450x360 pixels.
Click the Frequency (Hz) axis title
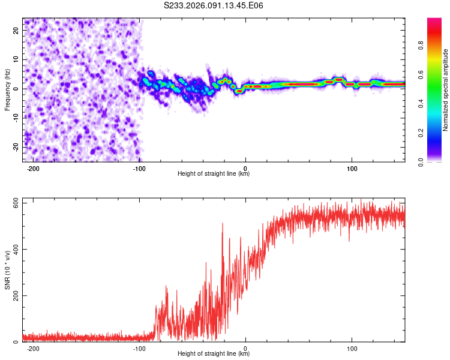pos(7,89)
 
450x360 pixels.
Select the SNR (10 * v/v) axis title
pos(7,272)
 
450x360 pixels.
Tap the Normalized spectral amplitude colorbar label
pos(446,90)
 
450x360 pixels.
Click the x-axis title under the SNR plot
pos(214,355)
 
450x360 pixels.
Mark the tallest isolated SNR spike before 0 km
pos(223,223)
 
